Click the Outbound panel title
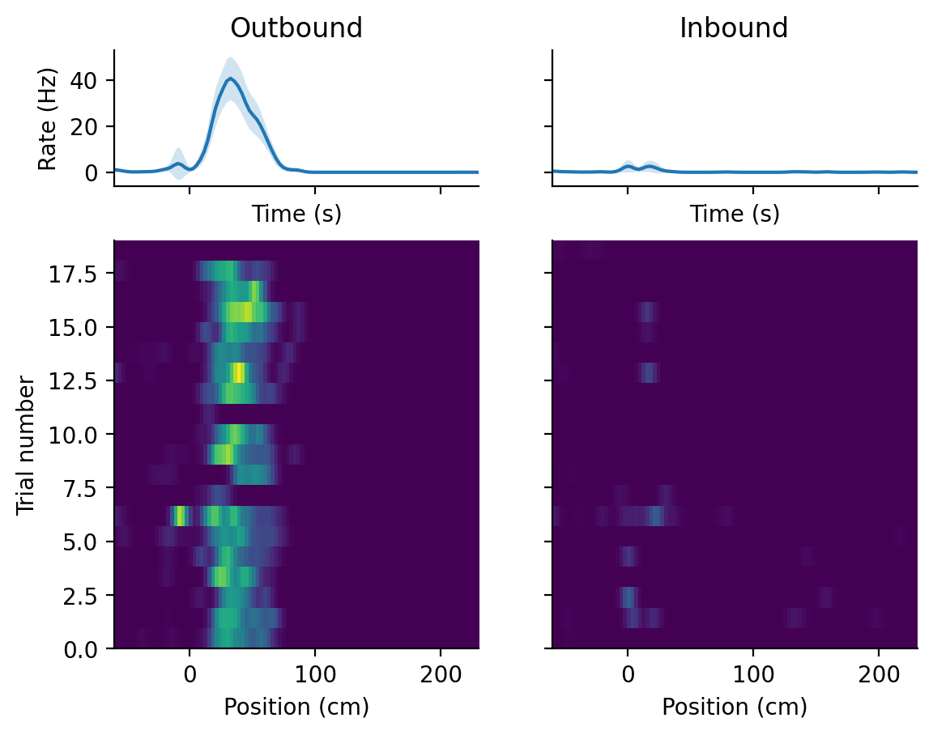pyautogui.click(x=296, y=28)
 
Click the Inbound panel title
pyautogui.click(x=734, y=28)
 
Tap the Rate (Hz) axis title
pyautogui.click(x=48, y=118)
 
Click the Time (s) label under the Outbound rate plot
pyautogui.click(x=296, y=214)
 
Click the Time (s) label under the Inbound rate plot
pyautogui.click(x=734, y=214)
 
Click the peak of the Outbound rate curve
pyautogui.click(x=231, y=79)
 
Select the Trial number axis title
pyautogui.click(x=26, y=444)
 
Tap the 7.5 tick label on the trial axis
pyautogui.click(x=79, y=488)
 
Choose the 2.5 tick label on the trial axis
pyautogui.click(x=79, y=596)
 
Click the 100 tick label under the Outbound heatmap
pyautogui.click(x=315, y=671)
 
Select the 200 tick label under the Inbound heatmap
pyautogui.click(x=879, y=671)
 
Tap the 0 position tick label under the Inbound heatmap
pyautogui.click(x=628, y=671)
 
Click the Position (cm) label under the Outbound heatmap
pyautogui.click(x=296, y=707)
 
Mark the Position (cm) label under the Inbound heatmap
pyautogui.click(x=734, y=707)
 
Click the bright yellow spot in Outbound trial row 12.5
pyautogui.click(x=238, y=372)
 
